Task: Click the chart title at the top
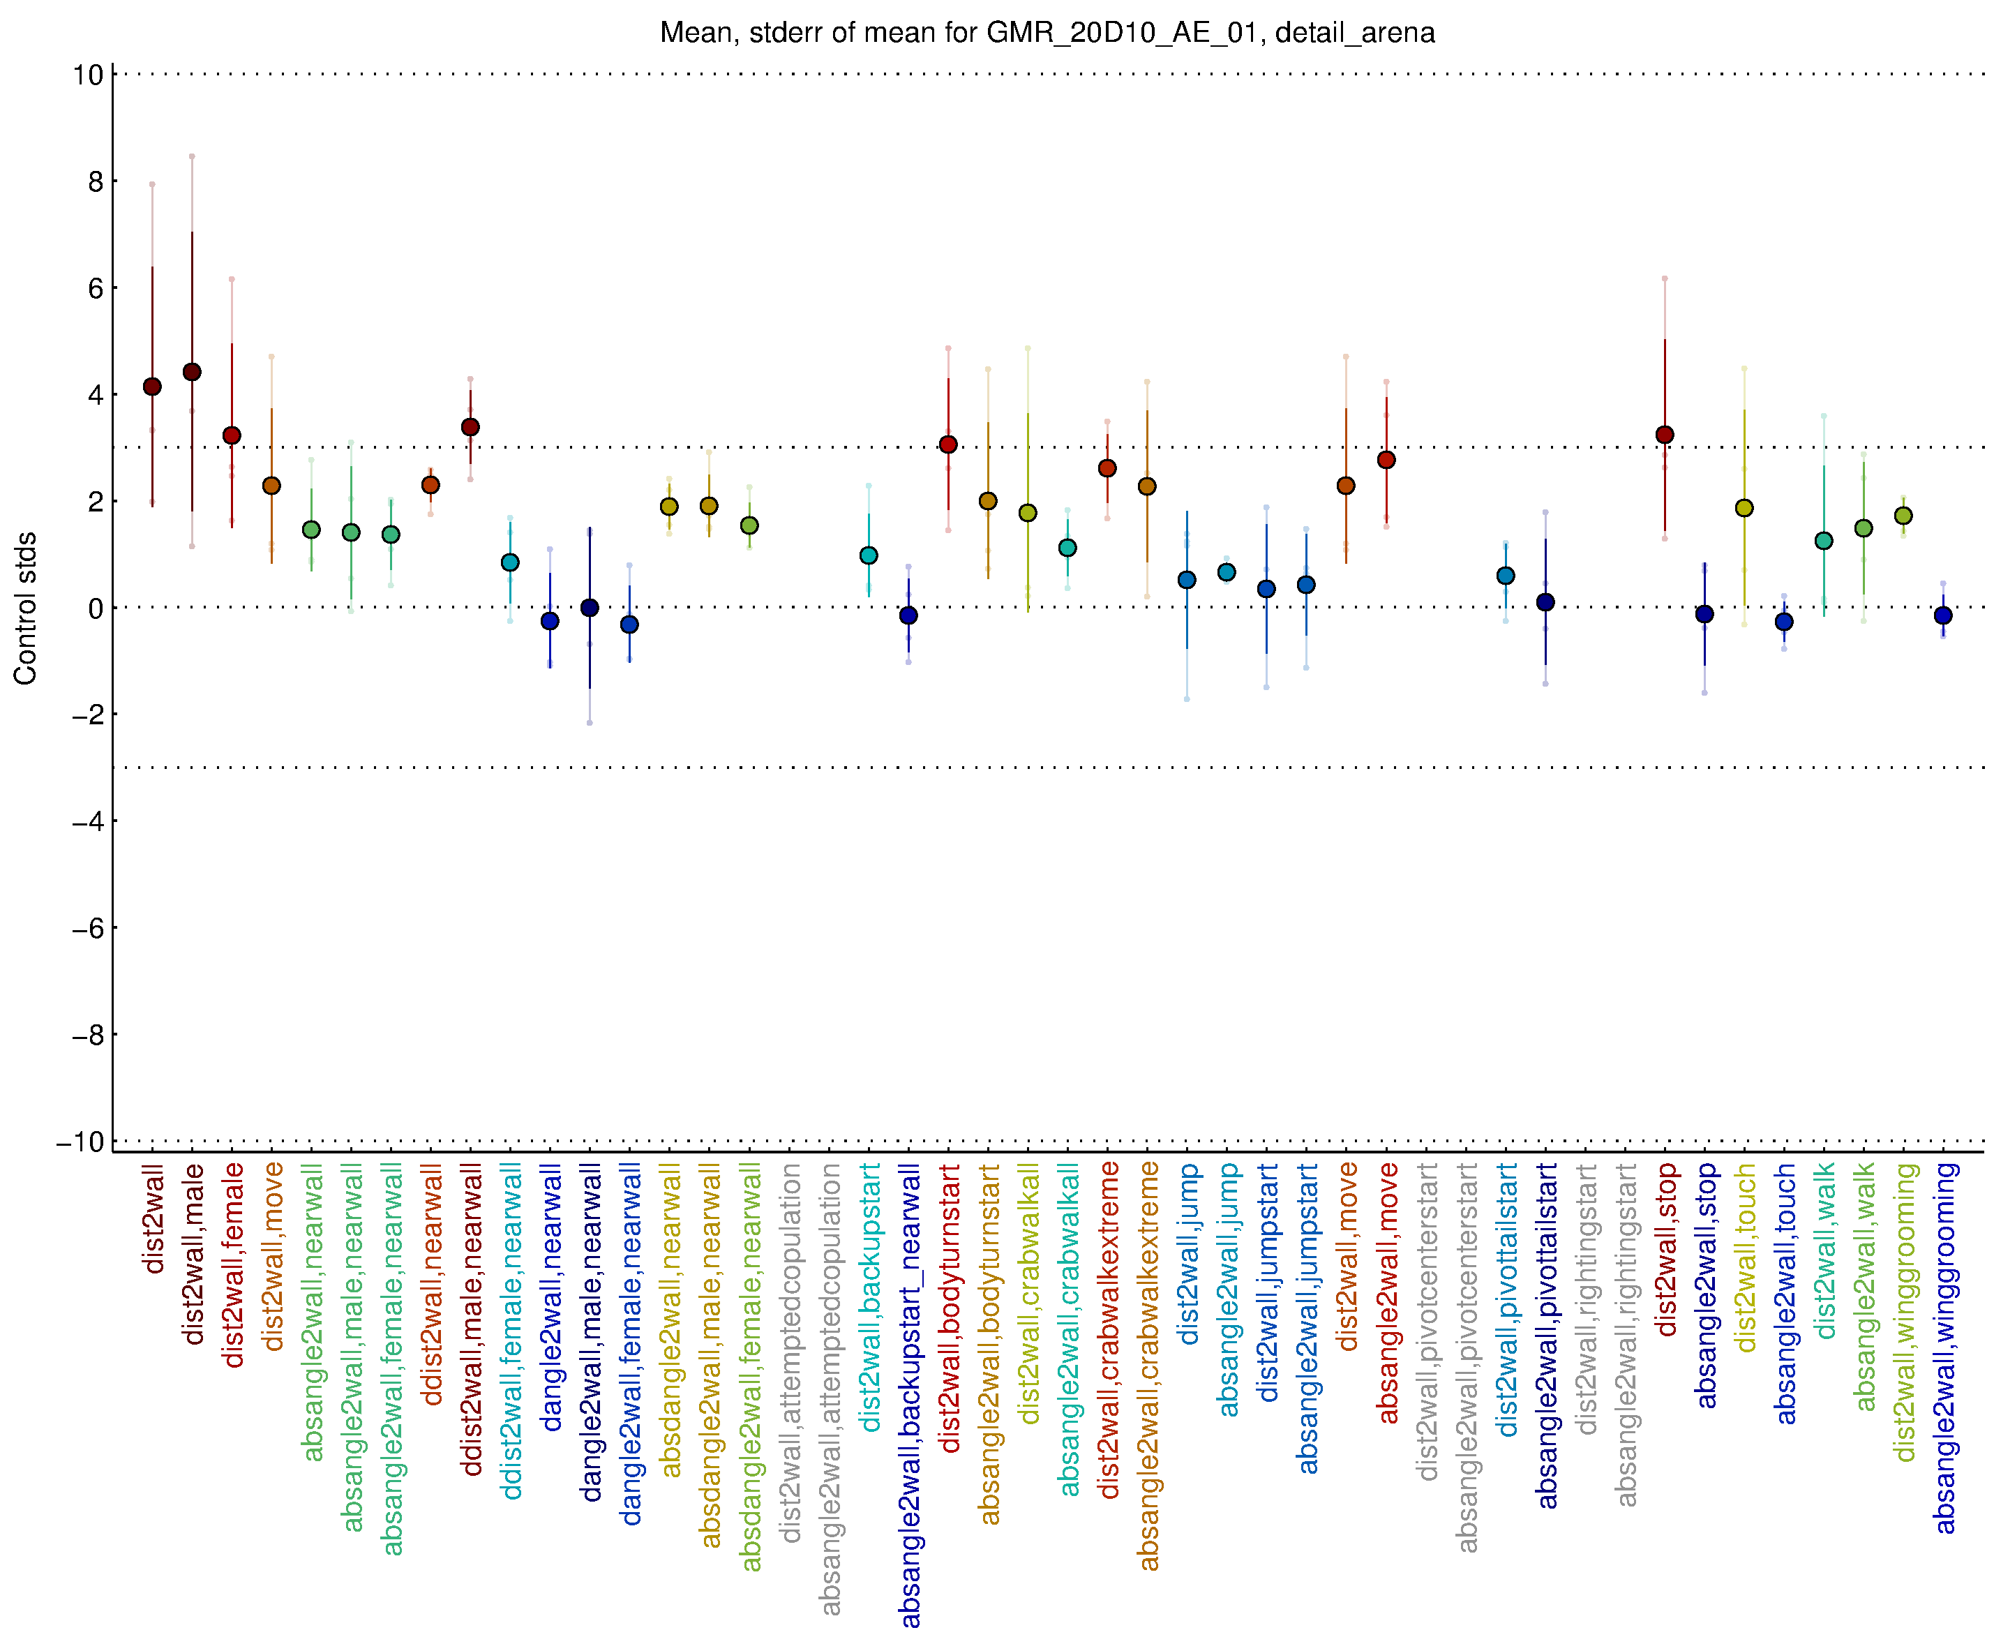coord(1047,33)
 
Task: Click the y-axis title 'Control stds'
coord(25,608)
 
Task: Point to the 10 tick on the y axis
coord(88,75)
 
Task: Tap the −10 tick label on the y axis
coord(80,1142)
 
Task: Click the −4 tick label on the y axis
coord(88,821)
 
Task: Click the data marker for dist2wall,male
coord(191,371)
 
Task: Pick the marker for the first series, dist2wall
coord(152,387)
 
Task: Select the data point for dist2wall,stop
coord(1664,435)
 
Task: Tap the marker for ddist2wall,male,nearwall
coord(470,427)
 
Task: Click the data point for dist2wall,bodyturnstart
coord(948,444)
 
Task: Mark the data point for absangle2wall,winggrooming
coord(1943,615)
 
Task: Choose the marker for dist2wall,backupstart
coord(869,555)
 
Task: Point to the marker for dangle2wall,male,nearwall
coord(590,607)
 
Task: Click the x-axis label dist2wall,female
coord(233,1264)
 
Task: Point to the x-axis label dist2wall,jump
coord(1189,1253)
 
